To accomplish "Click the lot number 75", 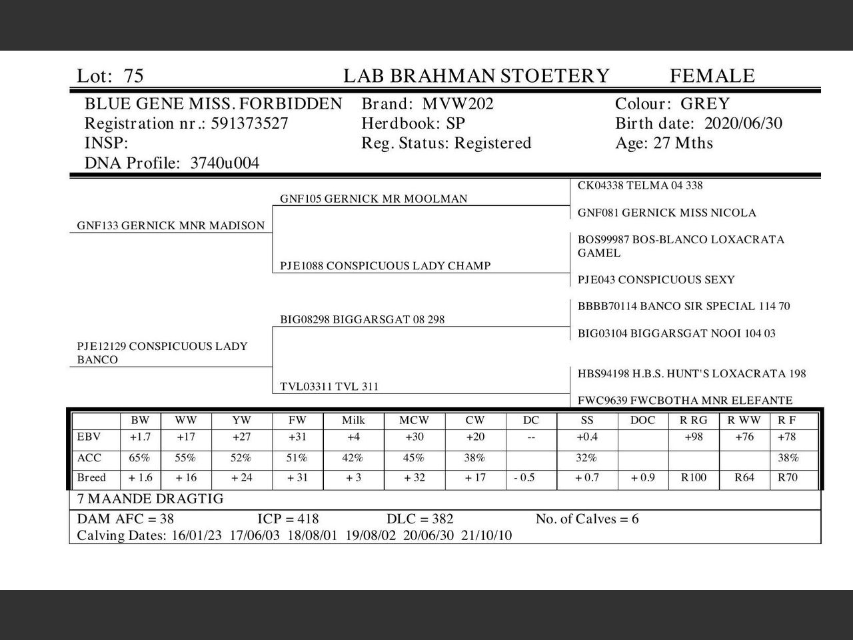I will tap(133, 76).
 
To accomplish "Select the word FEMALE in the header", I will tap(712, 76).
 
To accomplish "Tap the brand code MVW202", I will tap(458, 104).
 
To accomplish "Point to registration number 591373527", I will tap(249, 123).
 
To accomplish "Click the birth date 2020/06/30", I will tap(743, 123).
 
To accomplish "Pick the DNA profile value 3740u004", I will tap(225, 163).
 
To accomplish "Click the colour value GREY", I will tap(705, 104).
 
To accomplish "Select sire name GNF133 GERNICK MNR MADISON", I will tap(171, 225).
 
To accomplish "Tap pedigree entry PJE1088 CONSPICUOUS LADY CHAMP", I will tap(385, 265).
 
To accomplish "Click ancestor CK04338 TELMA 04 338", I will tap(640, 185).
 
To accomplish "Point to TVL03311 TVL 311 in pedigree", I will tap(329, 387).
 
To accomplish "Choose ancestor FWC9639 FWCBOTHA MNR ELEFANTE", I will tap(685, 401).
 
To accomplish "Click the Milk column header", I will tap(353, 421).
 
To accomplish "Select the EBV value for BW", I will tap(140, 437).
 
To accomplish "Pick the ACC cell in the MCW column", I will tap(414, 458).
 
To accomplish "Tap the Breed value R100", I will tap(694, 478).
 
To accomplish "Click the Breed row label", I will tap(92, 478).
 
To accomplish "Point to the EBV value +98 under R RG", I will tap(694, 437).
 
